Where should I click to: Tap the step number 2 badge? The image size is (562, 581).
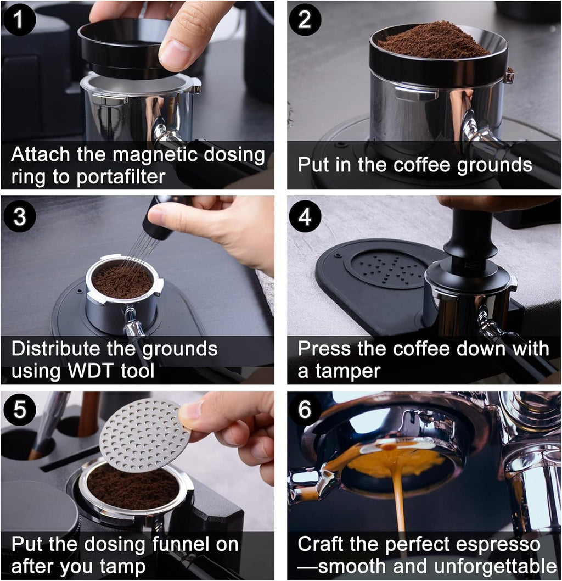305,20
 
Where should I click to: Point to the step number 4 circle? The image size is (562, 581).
305,216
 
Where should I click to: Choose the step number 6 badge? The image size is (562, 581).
305,411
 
